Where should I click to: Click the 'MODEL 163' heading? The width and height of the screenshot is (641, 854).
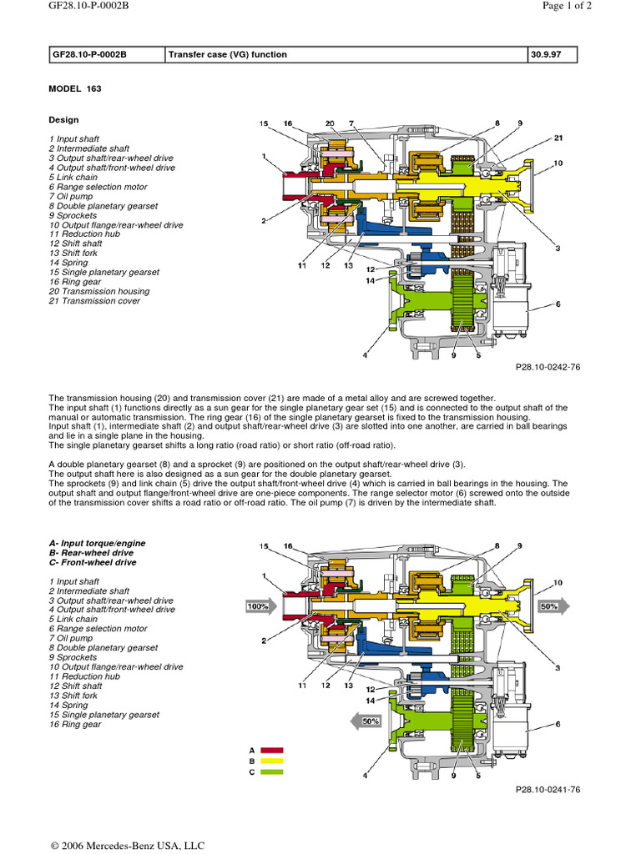75,88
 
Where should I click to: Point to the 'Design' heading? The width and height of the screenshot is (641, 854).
63,120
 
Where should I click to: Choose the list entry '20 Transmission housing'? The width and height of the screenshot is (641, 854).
99,291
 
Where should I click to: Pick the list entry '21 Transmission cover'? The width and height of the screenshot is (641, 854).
94,301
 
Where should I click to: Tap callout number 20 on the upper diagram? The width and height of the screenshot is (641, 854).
330,123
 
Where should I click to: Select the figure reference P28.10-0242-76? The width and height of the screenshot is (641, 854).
548,367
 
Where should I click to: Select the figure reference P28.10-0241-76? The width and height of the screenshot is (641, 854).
548,788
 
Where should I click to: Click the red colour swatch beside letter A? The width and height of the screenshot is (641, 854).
273,751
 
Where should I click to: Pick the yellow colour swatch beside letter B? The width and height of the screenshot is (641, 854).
273,761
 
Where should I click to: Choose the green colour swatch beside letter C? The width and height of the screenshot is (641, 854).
273,772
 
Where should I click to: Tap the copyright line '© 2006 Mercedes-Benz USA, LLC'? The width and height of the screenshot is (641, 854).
126,845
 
